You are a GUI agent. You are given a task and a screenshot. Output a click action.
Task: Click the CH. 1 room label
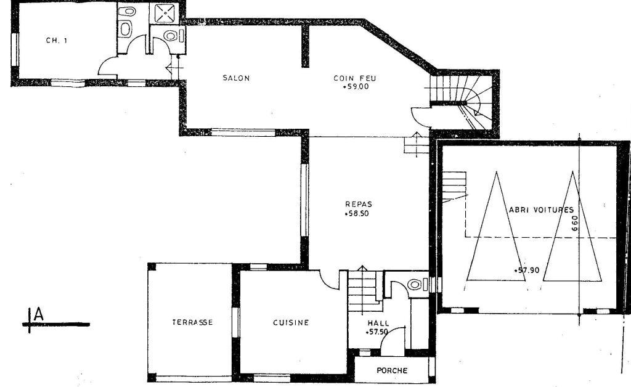point(56,40)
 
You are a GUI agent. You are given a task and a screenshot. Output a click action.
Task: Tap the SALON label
point(236,78)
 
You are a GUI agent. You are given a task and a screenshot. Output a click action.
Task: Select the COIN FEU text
point(355,78)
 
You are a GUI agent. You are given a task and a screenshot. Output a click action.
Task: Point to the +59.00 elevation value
point(356,86)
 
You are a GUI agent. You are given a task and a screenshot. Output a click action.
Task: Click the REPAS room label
point(359,205)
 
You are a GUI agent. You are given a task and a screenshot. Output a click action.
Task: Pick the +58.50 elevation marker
point(357,214)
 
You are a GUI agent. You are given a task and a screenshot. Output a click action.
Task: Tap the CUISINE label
point(291,322)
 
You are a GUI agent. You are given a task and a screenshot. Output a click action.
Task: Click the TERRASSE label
point(192,322)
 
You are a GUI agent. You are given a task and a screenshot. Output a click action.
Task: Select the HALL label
point(378,324)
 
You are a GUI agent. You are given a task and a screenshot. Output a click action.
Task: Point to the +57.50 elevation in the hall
point(377,332)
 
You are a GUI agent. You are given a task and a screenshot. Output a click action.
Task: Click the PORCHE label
point(392,370)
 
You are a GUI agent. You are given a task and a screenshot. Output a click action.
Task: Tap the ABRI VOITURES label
point(541,210)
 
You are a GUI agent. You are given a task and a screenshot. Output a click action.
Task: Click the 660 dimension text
point(575,223)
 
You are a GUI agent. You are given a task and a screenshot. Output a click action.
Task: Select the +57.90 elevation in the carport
point(527,271)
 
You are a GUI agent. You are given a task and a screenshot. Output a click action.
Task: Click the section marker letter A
point(39,314)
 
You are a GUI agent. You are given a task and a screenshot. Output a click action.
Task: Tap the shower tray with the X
point(165,13)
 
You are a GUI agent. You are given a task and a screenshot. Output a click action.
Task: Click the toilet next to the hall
point(415,285)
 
